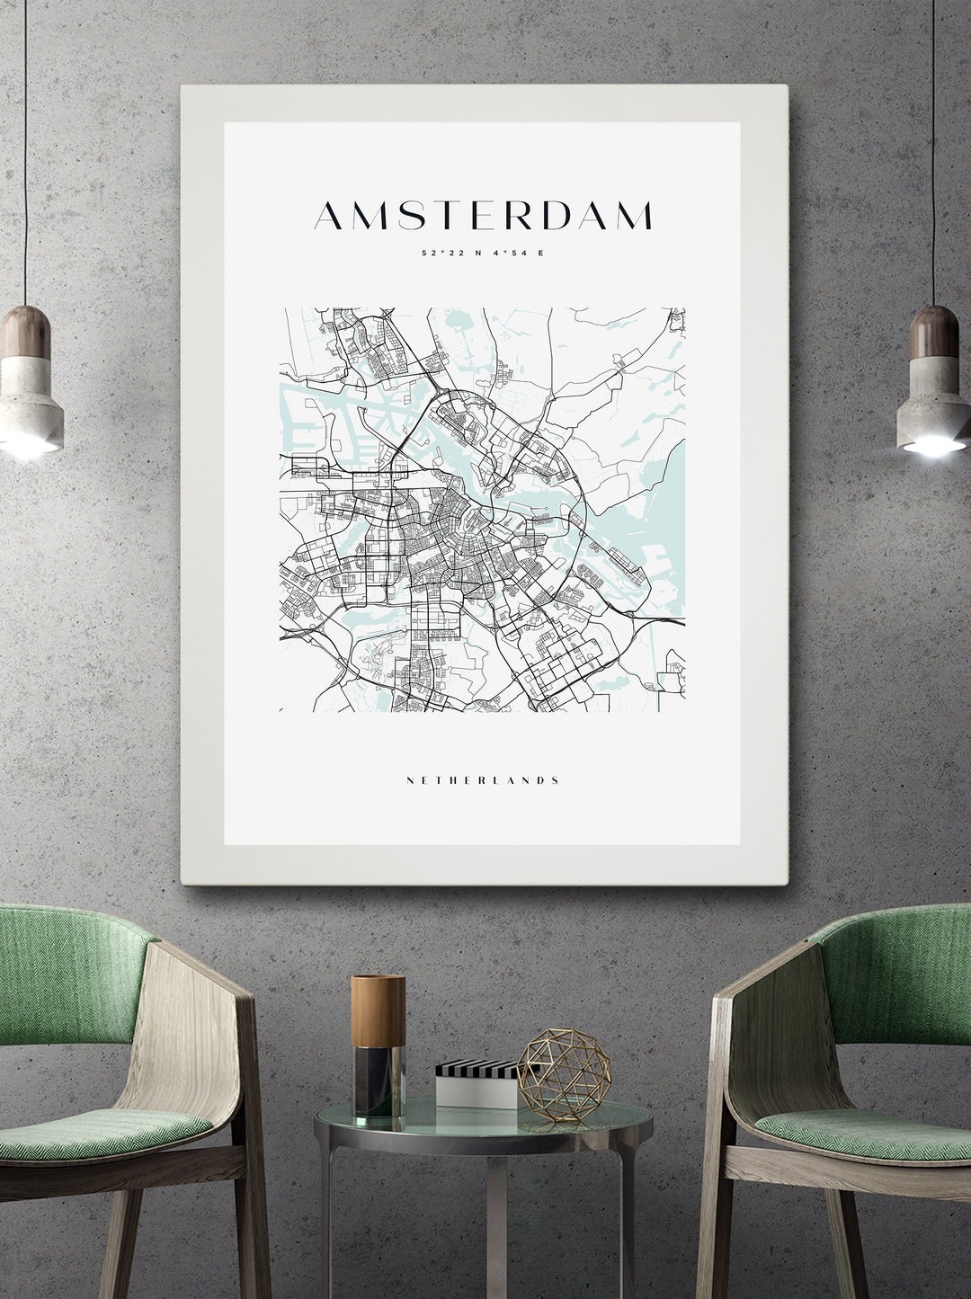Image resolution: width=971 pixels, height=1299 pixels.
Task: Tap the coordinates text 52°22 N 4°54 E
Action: pos(484,253)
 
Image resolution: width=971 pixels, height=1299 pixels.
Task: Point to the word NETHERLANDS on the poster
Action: pos(484,780)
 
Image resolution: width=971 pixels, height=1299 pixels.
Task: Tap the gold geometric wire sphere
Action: pos(552,1076)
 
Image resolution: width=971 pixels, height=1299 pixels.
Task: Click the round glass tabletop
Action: pos(484,1124)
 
